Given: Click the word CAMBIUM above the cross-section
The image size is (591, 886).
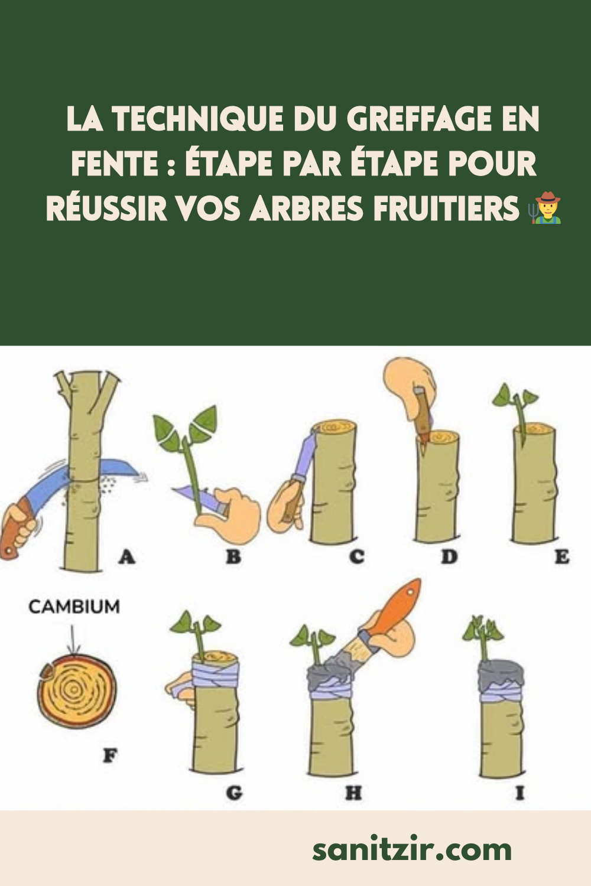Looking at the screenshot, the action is [74, 607].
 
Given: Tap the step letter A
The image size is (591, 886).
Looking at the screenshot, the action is [127, 557].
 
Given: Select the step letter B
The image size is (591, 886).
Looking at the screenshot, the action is [233, 556].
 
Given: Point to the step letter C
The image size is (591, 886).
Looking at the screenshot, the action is [356, 556].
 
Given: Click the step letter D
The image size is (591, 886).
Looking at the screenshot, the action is [449, 556].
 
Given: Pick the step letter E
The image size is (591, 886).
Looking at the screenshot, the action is [562, 556].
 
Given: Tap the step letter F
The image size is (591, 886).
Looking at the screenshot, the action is [110, 756].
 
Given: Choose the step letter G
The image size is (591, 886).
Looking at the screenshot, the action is [234, 793].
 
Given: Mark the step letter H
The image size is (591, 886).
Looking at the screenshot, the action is [353, 793].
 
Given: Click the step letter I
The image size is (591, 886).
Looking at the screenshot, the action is [519, 793].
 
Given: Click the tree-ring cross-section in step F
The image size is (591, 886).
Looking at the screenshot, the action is [76, 691].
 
